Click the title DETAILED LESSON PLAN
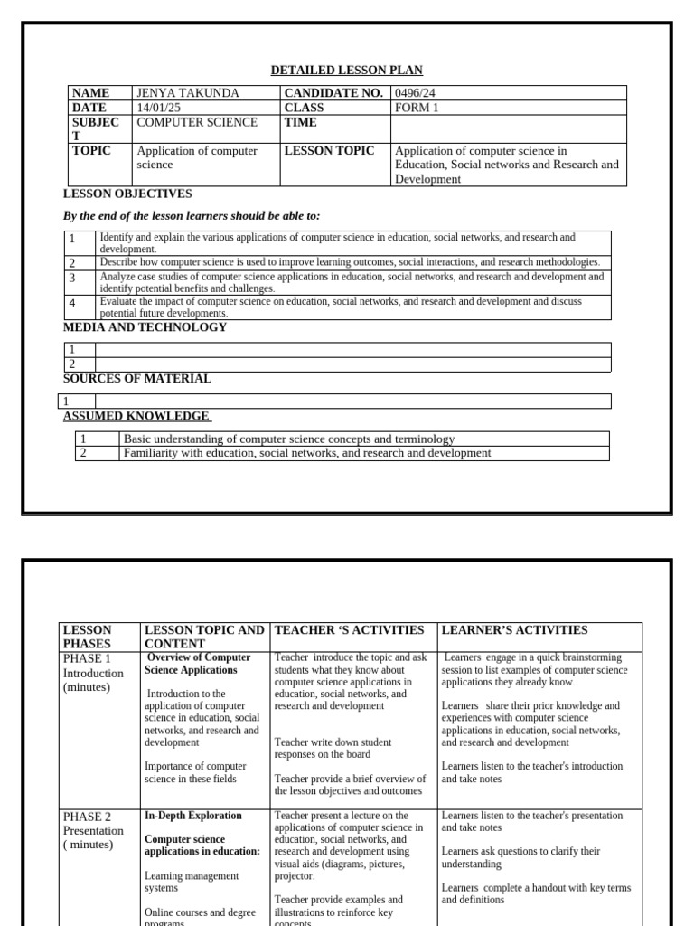coord(347,71)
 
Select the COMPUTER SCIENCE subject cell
coord(196,122)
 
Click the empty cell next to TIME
coord(508,128)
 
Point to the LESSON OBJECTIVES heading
coord(127,194)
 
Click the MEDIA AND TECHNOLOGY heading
coord(145,327)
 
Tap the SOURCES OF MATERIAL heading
coord(137,379)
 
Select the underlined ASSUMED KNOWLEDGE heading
coord(136,416)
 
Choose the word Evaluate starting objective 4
coord(118,301)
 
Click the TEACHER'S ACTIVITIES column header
coord(349,630)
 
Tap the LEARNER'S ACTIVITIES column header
coord(514,630)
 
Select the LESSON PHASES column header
coord(88,637)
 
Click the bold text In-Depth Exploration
coord(193,816)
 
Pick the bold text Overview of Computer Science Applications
coord(198,663)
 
